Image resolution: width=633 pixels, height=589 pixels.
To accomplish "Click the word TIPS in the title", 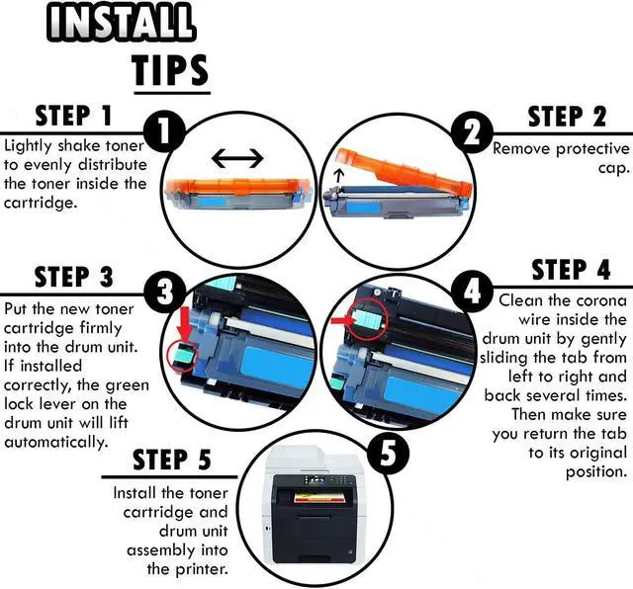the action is (x=171, y=70).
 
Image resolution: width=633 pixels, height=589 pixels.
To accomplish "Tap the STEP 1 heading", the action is (x=73, y=116).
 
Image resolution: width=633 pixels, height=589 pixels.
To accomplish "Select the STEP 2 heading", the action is (x=567, y=117).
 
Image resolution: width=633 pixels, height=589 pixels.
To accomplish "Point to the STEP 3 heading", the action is (x=74, y=277).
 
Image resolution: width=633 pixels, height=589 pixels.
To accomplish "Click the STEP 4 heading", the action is (x=571, y=270).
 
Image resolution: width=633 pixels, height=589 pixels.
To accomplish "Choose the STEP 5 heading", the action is (x=172, y=460).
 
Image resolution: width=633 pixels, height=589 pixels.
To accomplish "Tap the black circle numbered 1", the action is (x=164, y=130).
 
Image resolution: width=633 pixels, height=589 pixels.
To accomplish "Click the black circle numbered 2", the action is (x=472, y=131).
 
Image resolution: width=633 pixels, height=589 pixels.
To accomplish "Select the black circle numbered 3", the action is (x=165, y=292).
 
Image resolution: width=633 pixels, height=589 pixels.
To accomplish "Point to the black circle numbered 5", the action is (x=388, y=451).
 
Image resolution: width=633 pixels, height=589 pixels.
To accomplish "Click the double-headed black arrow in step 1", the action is (x=237, y=158).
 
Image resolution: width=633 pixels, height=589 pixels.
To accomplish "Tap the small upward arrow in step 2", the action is (x=339, y=176).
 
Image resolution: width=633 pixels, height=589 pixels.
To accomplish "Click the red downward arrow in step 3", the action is (x=186, y=322).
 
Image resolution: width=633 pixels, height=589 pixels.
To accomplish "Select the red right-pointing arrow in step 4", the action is (x=342, y=320).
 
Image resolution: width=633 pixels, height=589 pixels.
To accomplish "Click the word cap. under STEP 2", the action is (x=614, y=168).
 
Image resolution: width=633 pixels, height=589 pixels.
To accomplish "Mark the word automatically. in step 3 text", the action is (x=56, y=442).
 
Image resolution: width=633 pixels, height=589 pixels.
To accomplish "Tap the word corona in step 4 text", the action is (x=601, y=300).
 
